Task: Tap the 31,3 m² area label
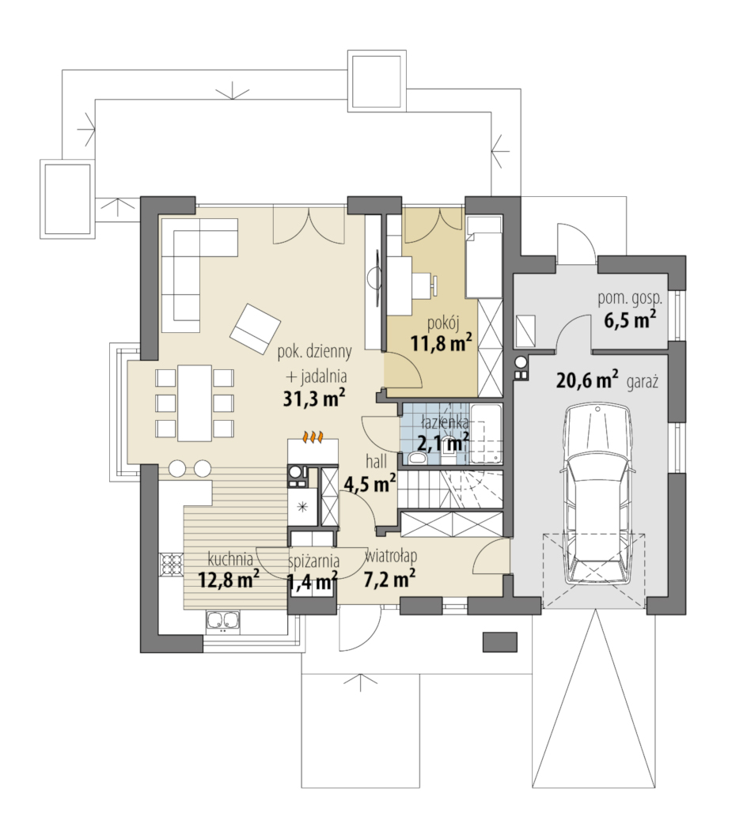click(314, 398)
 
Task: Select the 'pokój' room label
click(443, 323)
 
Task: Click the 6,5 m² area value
click(630, 319)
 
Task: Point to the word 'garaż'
click(643, 382)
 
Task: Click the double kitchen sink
click(223, 620)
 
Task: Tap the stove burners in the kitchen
click(172, 565)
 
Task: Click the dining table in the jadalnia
click(195, 403)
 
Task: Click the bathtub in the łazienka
click(486, 433)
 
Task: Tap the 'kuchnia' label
click(230, 558)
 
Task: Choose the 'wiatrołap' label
click(391, 557)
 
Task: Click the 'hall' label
click(377, 462)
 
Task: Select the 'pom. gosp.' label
click(630, 298)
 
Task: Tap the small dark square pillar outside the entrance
click(500, 641)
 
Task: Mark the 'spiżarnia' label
click(314, 561)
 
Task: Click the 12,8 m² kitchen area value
click(229, 579)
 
